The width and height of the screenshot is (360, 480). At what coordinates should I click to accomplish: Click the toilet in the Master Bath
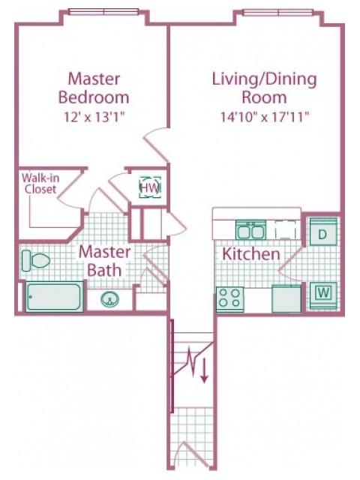pyautogui.click(x=36, y=261)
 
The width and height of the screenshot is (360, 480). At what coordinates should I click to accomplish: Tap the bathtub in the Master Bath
pyautogui.click(x=54, y=297)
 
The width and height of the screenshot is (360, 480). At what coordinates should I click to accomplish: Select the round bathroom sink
pyautogui.click(x=110, y=299)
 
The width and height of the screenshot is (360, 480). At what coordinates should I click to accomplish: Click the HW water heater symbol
pyautogui.click(x=150, y=187)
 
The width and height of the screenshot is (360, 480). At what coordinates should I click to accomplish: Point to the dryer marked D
pyautogui.click(x=323, y=232)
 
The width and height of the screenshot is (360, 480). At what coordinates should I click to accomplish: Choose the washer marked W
pyautogui.click(x=323, y=295)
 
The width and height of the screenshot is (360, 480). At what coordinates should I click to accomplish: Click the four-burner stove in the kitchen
pyautogui.click(x=230, y=299)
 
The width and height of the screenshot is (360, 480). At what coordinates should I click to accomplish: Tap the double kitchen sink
pyautogui.click(x=250, y=230)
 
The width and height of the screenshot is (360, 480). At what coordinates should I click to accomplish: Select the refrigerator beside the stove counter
pyautogui.click(x=286, y=298)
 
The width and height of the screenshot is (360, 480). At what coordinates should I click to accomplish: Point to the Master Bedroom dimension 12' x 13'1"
pyautogui.click(x=95, y=117)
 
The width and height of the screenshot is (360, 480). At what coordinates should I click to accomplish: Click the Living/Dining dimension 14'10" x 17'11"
pyautogui.click(x=265, y=117)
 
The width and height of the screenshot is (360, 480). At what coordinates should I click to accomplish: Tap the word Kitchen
pyautogui.click(x=251, y=254)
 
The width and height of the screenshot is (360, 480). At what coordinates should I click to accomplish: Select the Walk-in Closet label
pyautogui.click(x=40, y=183)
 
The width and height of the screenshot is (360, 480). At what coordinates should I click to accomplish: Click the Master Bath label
pyautogui.click(x=104, y=261)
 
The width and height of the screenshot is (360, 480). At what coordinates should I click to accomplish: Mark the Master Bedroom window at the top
pyautogui.click(x=103, y=12)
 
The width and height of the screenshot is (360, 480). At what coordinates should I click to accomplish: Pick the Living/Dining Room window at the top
pyautogui.click(x=278, y=12)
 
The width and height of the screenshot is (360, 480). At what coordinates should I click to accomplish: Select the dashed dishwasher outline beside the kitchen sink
pyautogui.click(x=285, y=229)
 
